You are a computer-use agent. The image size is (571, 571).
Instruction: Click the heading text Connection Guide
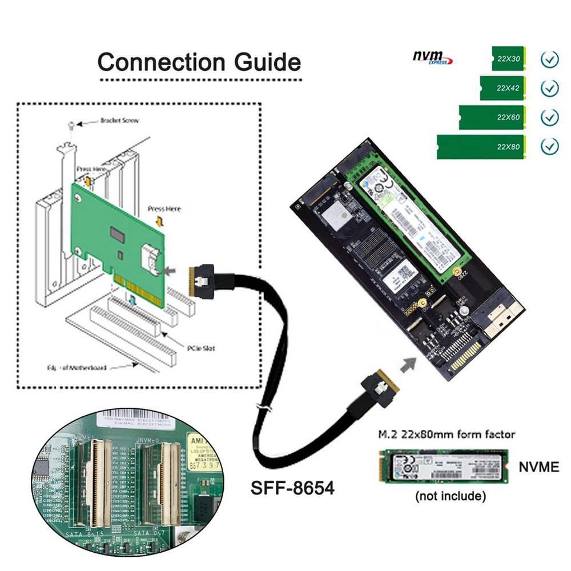point(199,62)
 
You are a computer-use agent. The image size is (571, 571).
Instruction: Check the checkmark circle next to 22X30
point(549,59)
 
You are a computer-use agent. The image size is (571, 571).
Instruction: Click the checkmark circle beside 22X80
point(549,147)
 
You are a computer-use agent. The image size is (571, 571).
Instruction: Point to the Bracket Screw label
point(119,120)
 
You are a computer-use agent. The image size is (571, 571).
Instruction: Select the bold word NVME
point(538,467)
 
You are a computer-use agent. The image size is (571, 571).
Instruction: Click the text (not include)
point(450,496)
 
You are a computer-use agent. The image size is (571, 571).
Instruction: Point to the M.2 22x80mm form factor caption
point(446,435)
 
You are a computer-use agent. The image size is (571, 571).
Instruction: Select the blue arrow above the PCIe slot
point(132,300)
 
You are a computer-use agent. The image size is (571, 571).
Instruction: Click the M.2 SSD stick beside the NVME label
point(444,467)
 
